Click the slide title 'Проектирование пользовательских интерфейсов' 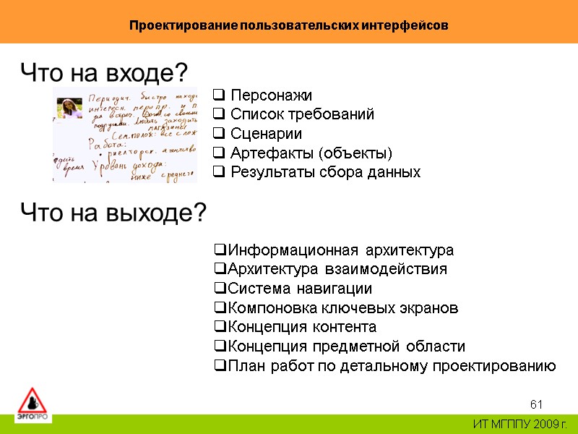tap(288, 25)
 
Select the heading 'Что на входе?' tap(104, 72)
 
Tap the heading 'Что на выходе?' tap(113, 213)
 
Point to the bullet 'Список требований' tap(302, 114)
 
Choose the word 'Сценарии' tap(266, 134)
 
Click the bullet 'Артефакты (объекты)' tap(311, 153)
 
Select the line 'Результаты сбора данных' tap(325, 173)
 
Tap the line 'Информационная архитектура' tap(340, 250)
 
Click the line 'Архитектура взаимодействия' tap(337, 269)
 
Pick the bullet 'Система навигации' tap(300, 289)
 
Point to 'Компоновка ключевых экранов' tap(342, 308)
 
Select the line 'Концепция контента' tap(302, 327)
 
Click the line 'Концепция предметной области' tap(346, 346)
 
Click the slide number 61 tap(536, 404)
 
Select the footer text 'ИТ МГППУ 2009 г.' tap(520, 423)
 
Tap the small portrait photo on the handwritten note tap(69, 108)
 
